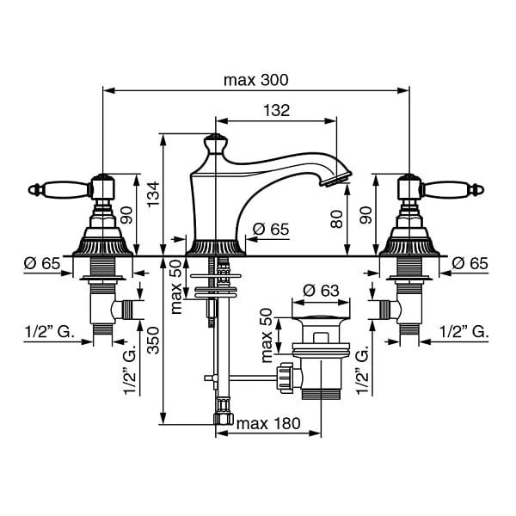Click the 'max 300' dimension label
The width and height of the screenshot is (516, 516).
point(255,80)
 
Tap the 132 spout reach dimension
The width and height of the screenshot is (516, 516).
point(276,111)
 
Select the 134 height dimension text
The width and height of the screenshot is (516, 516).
point(153,194)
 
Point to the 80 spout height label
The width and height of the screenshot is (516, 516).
point(336,219)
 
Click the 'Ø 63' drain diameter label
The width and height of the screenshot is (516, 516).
point(321,291)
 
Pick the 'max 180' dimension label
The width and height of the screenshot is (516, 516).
point(268,423)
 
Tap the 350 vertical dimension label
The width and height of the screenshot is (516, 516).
point(153,341)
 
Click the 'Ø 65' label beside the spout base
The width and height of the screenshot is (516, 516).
point(271,229)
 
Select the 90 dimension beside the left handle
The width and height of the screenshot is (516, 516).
point(126,215)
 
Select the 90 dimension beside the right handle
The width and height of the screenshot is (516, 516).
point(365,215)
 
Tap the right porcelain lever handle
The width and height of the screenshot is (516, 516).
point(452,189)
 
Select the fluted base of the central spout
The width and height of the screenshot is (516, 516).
point(216,248)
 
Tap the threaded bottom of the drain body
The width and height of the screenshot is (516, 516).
point(321,394)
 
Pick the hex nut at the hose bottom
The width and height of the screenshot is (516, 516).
point(223,419)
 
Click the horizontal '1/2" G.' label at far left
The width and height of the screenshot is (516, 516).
point(49,332)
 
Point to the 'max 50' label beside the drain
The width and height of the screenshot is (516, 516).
point(267,335)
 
